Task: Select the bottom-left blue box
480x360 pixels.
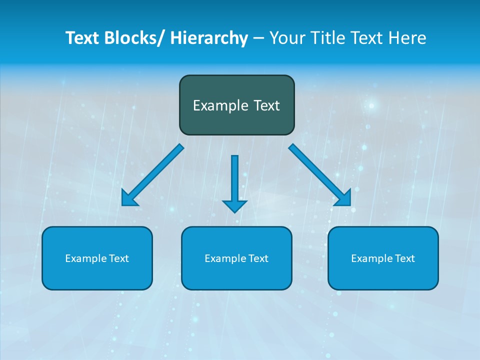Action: pos(97,275)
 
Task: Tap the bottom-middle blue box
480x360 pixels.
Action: pos(236,275)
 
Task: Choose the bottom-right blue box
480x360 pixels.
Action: pos(383,275)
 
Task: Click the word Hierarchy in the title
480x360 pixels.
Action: pos(209,38)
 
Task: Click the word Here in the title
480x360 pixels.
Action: pos(407,38)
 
